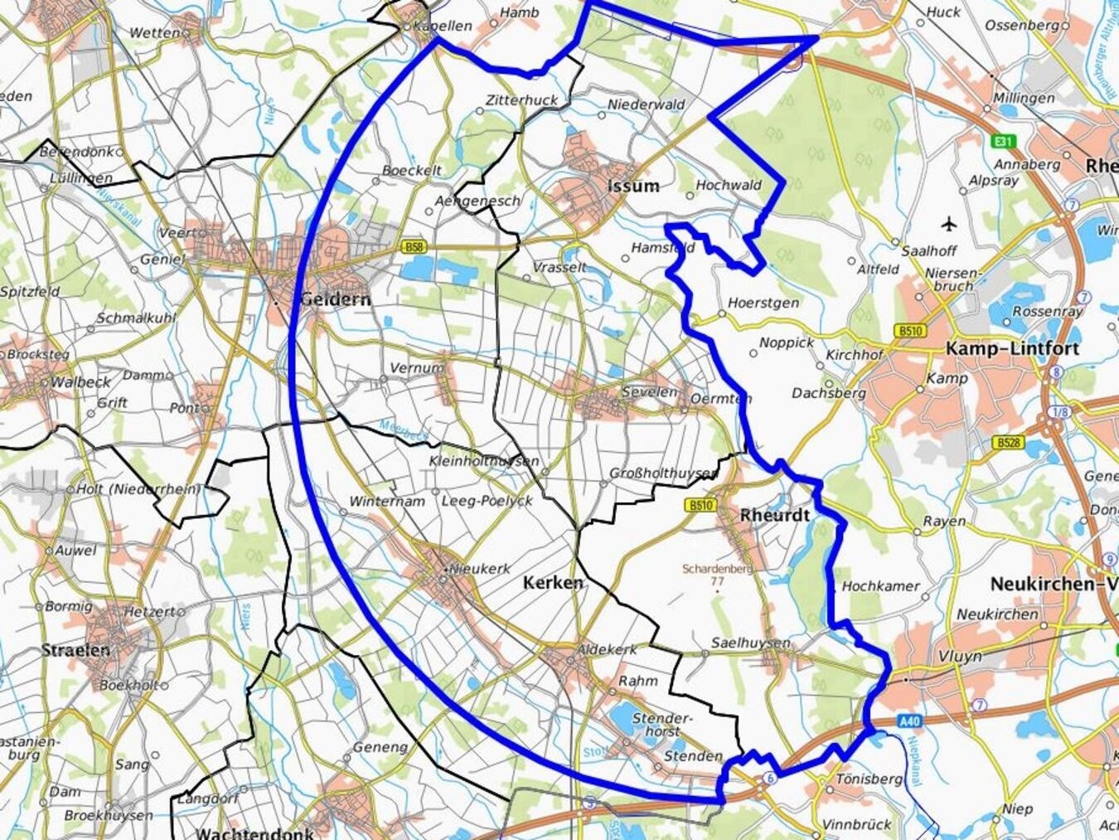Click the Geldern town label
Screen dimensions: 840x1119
pos(335,299)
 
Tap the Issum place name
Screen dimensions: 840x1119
pos(633,186)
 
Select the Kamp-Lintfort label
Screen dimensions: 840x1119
pos(1012,349)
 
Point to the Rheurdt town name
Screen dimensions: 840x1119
pos(774,515)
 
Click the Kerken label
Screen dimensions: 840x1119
pos(553,583)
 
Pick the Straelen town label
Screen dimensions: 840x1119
pos(75,650)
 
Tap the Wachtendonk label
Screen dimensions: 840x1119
pos(254,833)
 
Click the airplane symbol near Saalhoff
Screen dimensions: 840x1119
pos(949,223)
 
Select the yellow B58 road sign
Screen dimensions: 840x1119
pos(414,246)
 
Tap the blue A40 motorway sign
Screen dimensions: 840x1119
pos(909,721)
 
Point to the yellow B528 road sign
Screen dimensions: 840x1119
pos(1008,443)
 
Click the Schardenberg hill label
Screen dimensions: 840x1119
pos(717,569)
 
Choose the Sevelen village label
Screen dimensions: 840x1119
pos(649,391)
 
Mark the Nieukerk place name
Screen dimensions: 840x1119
pos(474,569)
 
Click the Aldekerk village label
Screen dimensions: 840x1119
pos(607,649)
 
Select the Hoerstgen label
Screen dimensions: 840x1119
pos(763,303)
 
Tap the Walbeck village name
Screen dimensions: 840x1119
pos(80,382)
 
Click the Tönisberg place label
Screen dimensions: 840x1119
pos(868,779)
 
